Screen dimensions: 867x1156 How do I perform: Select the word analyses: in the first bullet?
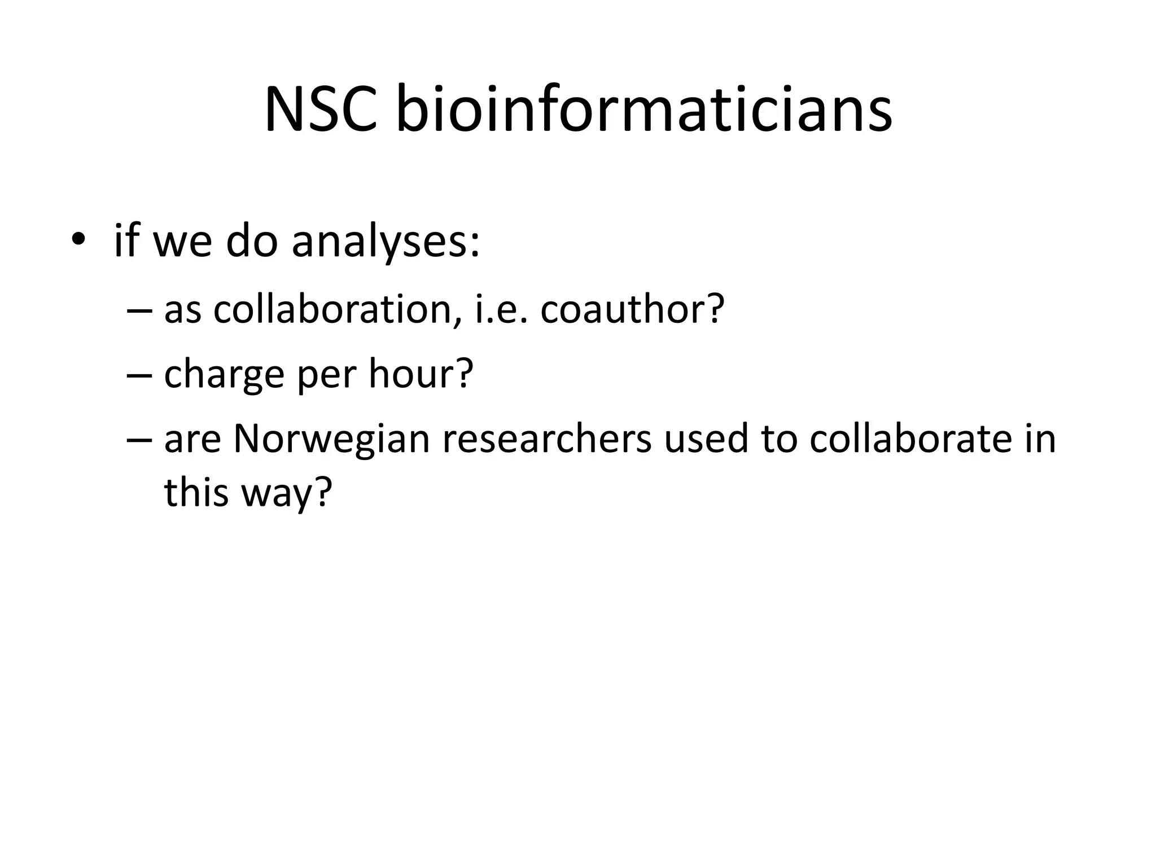[x=386, y=242]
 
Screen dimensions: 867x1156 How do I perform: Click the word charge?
[x=224, y=375]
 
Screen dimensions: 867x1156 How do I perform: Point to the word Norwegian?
[x=331, y=439]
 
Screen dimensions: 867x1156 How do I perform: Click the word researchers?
[x=547, y=439]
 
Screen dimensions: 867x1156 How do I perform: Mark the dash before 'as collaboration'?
[x=139, y=310]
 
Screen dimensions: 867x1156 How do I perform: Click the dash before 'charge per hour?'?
[x=139, y=374]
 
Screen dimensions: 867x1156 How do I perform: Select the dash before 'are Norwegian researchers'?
[x=139, y=439]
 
